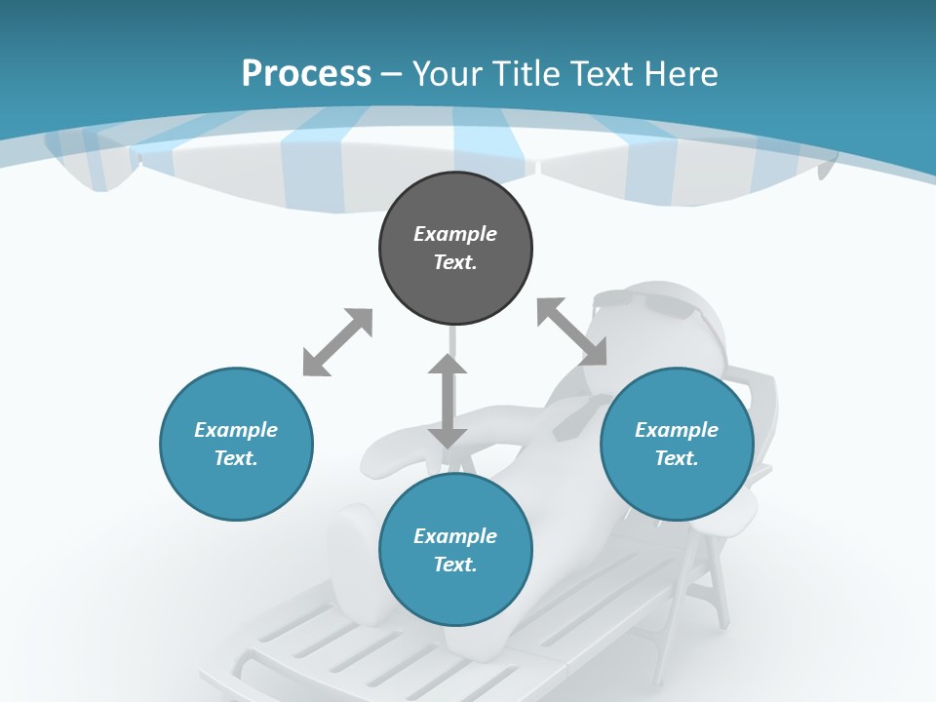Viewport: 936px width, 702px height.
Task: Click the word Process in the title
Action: point(306,74)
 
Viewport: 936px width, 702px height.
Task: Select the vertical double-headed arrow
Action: point(448,401)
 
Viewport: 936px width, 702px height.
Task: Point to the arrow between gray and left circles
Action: point(337,342)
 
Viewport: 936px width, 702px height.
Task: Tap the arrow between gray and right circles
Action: point(571,331)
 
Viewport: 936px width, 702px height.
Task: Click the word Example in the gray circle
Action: point(455,234)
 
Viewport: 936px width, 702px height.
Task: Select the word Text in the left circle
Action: point(236,458)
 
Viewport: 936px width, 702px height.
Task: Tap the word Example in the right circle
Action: point(677,430)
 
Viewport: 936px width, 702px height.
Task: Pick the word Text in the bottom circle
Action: point(455,565)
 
